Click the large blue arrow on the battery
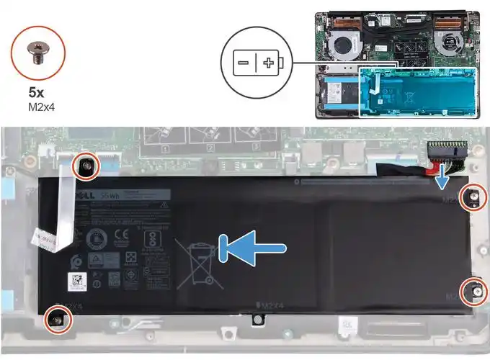click(256, 248)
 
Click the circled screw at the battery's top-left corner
click(85, 167)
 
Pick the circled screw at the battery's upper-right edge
click(474, 195)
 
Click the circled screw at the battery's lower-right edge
click(475, 290)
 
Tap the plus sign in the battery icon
click(268, 63)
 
